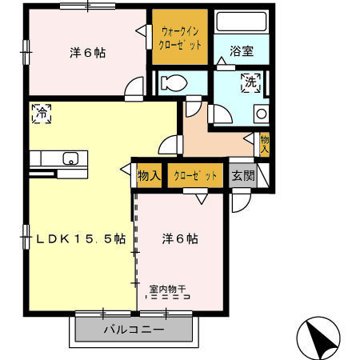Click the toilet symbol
pyautogui.click(x=174, y=82)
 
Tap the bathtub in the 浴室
pyautogui.click(x=242, y=22)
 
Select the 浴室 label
pyautogui.click(x=242, y=51)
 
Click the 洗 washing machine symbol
pyautogui.click(x=250, y=83)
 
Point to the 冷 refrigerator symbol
pyautogui.click(x=42, y=114)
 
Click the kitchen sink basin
pyautogui.click(x=70, y=158)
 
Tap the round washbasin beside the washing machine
pyautogui.click(x=262, y=114)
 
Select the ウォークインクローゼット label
pyautogui.click(x=180, y=38)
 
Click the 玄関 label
pyautogui.click(x=243, y=176)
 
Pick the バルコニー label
pyautogui.click(x=134, y=330)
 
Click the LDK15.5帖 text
pyautogui.click(x=81, y=238)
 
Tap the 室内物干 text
pyautogui.click(x=167, y=289)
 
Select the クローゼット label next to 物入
pyautogui.click(x=195, y=176)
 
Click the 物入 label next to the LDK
pyautogui.click(x=149, y=176)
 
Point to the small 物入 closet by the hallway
pyautogui.click(x=265, y=145)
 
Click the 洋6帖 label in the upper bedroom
pyautogui.click(x=88, y=53)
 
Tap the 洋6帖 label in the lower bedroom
pyautogui.click(x=180, y=238)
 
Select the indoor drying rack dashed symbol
pyautogui.click(x=168, y=297)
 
